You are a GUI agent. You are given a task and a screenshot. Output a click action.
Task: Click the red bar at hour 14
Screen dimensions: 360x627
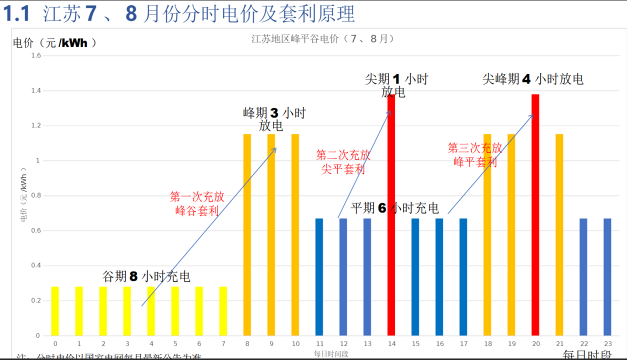point(391,215)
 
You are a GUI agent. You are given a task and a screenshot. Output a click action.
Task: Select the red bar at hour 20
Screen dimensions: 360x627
point(535,215)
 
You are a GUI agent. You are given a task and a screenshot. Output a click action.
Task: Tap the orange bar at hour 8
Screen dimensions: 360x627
point(247,235)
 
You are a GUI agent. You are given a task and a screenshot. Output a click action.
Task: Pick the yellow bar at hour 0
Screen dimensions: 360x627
point(55,311)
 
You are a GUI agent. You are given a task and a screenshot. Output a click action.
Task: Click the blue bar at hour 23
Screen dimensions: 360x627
point(607,277)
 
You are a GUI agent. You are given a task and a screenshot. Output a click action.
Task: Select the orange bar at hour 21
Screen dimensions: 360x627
point(559,235)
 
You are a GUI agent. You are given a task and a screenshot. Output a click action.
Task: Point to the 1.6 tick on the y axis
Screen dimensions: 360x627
point(35,55)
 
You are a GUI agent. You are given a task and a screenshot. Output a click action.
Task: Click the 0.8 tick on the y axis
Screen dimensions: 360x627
point(35,195)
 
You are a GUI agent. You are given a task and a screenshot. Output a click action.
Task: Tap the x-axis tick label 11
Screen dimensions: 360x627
point(319,344)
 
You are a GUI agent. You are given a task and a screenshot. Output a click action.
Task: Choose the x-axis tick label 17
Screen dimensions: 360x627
point(463,344)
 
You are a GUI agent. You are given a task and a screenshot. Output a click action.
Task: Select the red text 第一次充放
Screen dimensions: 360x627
point(197,197)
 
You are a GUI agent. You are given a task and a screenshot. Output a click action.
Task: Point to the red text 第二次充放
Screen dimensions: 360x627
point(343,155)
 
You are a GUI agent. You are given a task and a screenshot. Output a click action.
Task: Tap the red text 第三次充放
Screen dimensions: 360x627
point(474,148)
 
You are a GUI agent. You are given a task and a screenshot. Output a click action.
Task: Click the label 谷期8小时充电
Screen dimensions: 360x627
point(146,276)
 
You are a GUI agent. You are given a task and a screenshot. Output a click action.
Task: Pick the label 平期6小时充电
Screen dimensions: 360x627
point(394,208)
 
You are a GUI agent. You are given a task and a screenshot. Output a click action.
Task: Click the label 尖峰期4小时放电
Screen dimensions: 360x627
point(532,79)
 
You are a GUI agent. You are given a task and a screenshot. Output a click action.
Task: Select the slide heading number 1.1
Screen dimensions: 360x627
point(17,14)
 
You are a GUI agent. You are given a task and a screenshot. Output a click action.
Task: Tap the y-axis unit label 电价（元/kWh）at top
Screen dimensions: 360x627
point(54,43)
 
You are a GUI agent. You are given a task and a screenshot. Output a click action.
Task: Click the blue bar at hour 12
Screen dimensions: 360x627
point(343,277)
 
